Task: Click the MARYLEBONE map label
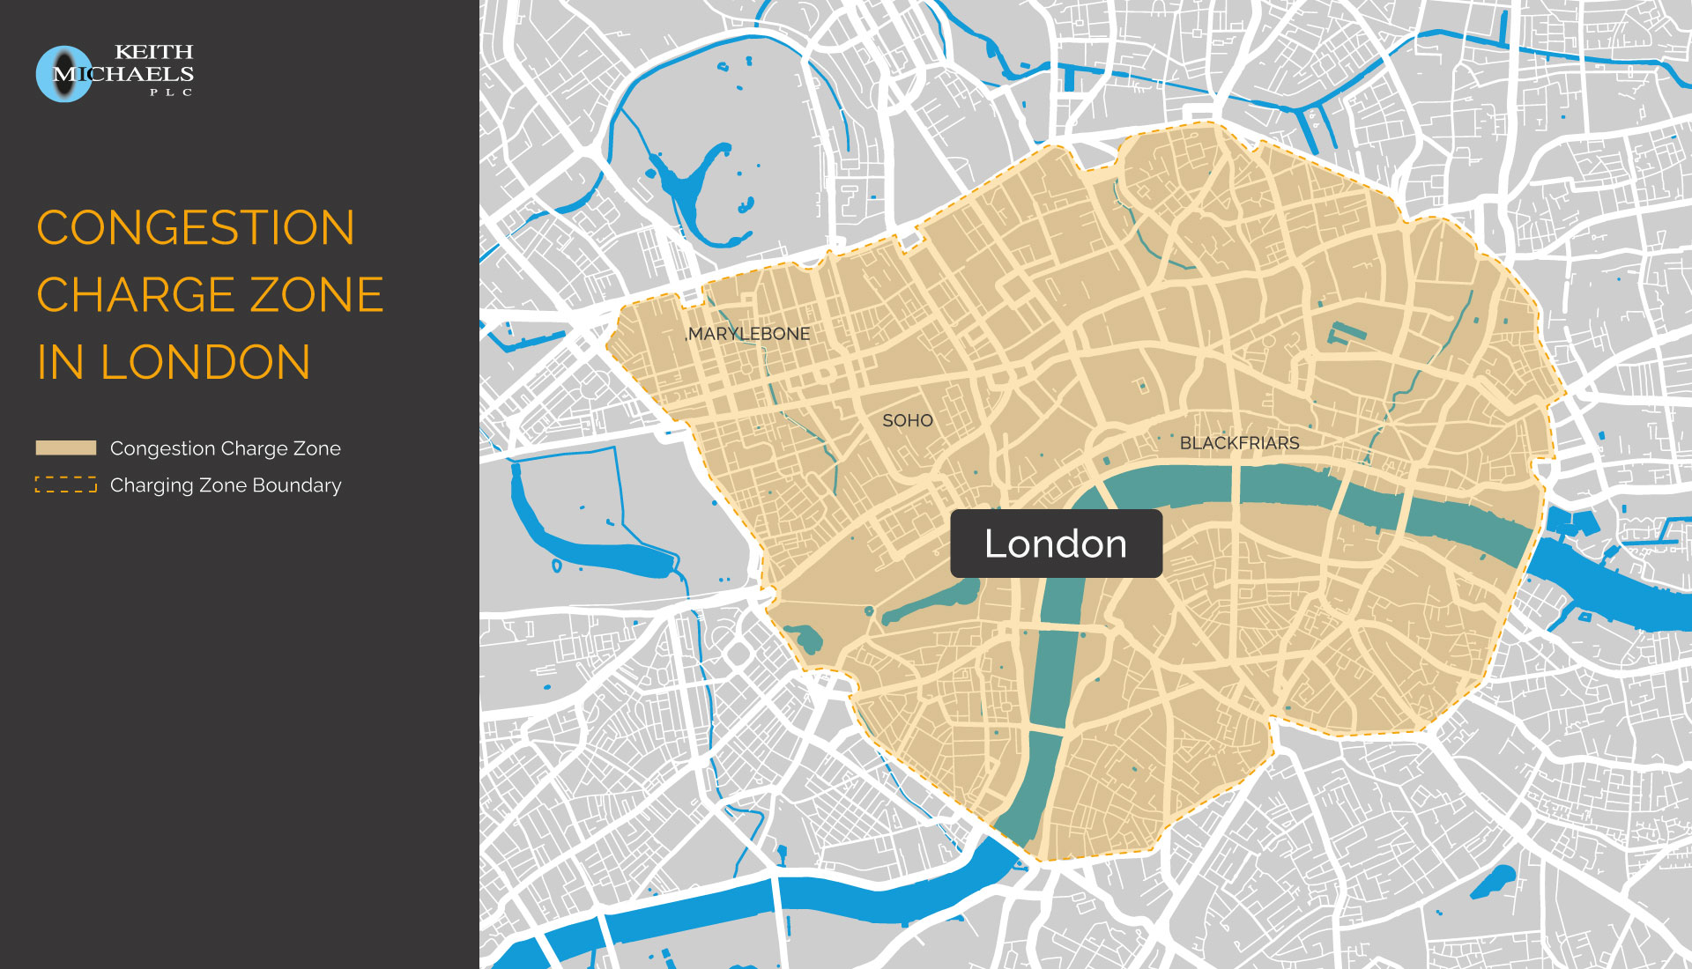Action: click(749, 334)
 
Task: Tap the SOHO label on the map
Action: click(908, 421)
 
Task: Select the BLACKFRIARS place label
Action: click(1239, 443)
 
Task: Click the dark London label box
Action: click(1056, 544)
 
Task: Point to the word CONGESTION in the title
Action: click(196, 228)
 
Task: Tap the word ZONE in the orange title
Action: click(317, 295)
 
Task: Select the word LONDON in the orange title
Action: click(205, 362)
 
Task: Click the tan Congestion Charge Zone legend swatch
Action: click(66, 448)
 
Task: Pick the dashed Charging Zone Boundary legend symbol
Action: click(66, 484)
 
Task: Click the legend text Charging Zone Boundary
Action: click(226, 485)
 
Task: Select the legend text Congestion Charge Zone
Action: click(226, 448)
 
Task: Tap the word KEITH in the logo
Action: click(154, 52)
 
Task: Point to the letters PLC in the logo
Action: click(171, 92)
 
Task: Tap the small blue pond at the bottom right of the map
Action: click(1495, 880)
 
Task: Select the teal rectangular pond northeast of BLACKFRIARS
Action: click(1347, 334)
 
